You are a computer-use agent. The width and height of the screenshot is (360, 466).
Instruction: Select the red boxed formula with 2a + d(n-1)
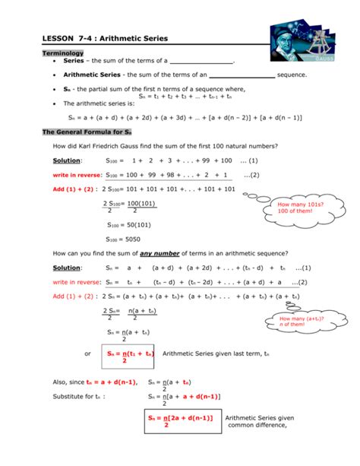coord(180,422)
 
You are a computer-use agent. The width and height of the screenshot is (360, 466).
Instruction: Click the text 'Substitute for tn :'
coord(79,396)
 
